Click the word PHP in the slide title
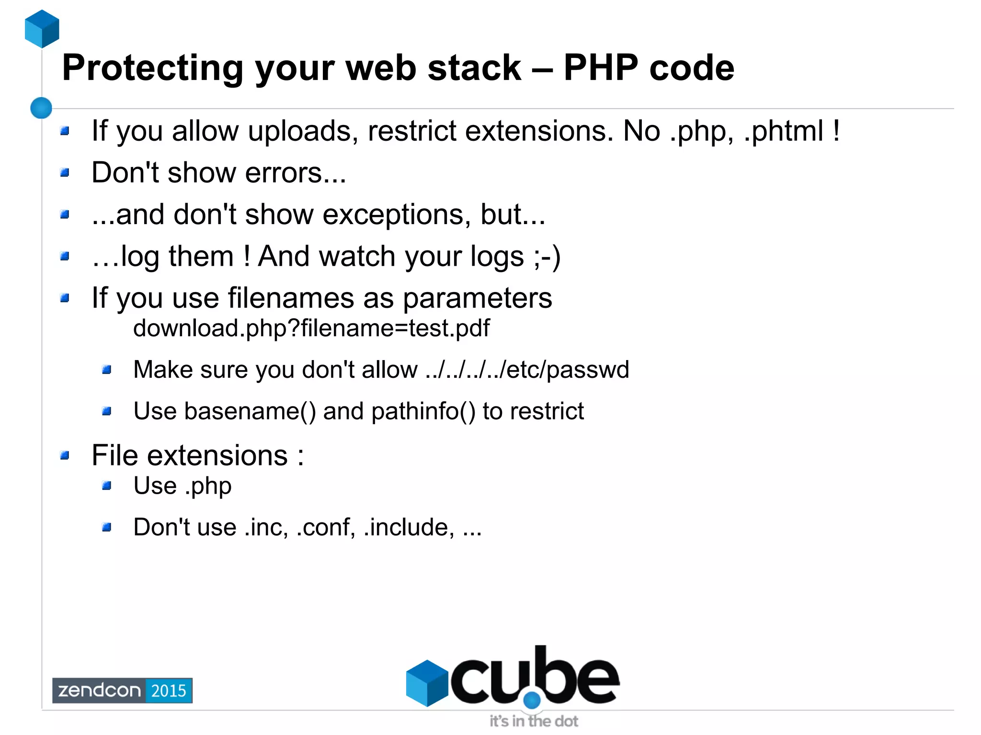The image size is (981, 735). (601, 68)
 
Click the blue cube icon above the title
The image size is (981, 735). (42, 29)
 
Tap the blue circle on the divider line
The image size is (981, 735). (41, 108)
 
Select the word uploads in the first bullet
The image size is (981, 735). (303, 131)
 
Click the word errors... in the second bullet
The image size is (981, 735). (296, 172)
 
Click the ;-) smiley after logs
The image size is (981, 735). (547, 257)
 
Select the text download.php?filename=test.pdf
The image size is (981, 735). (311, 328)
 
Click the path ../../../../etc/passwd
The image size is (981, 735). (527, 370)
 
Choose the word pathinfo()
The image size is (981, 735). (423, 411)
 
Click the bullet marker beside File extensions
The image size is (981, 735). (65, 455)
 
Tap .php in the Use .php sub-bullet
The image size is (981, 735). (208, 486)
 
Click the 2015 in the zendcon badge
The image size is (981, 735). (169, 690)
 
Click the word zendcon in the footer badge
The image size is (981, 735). (99, 690)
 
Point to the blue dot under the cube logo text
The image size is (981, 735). (532, 701)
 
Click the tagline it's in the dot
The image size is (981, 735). (534, 721)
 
